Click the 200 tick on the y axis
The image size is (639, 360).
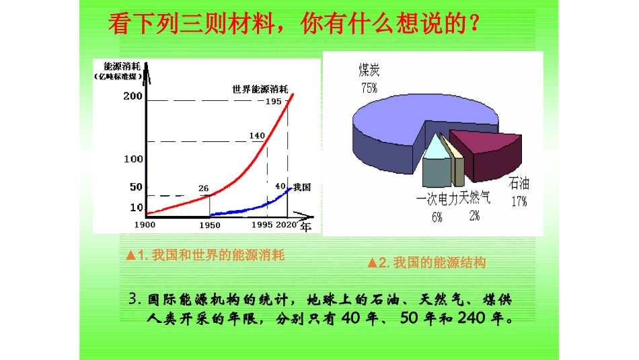(133, 96)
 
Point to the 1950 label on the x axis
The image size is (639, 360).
(209, 224)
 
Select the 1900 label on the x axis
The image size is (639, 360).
(145, 224)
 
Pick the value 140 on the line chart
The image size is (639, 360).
(257, 135)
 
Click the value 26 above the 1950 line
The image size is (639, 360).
(204, 188)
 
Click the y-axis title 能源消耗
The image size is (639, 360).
(122, 66)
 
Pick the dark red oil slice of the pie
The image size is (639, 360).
(484, 151)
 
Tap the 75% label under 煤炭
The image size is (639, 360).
(369, 88)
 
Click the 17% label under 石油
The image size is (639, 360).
(519, 201)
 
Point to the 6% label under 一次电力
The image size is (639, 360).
(437, 217)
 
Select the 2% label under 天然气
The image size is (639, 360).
(475, 215)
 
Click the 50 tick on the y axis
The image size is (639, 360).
(136, 187)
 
